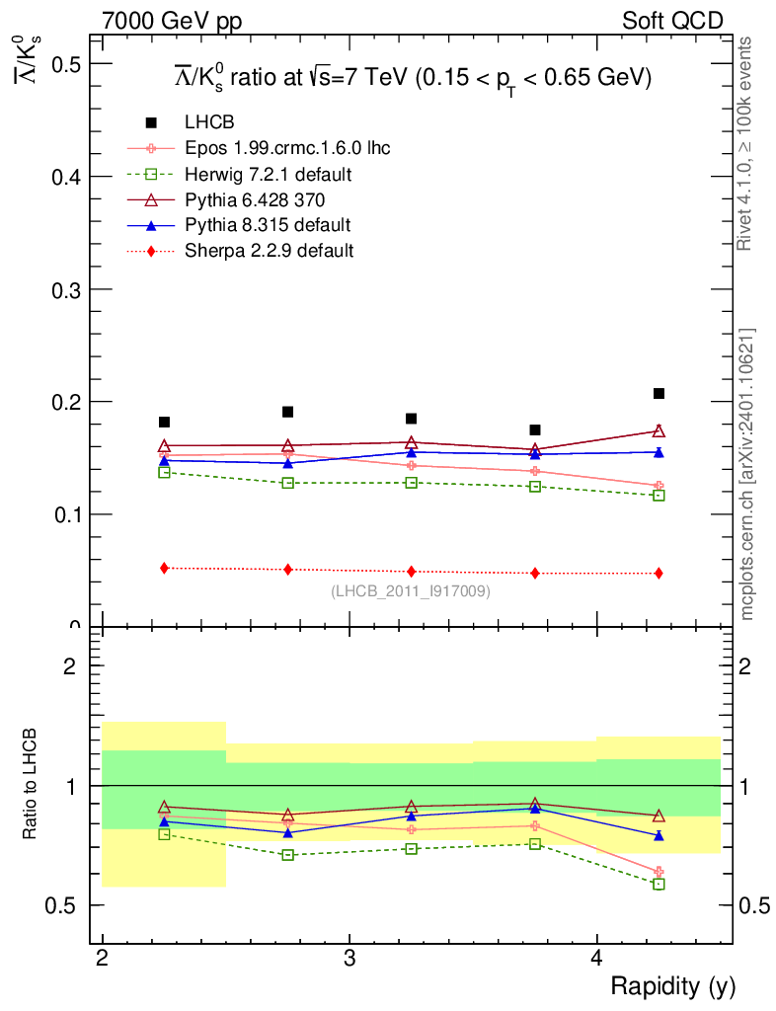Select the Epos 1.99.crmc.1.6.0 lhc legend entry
(x=287, y=148)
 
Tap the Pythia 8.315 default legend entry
(x=268, y=225)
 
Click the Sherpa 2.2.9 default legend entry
(x=269, y=251)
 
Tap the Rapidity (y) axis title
(x=672, y=986)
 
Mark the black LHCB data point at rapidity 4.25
(x=659, y=394)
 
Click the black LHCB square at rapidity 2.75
(x=287, y=412)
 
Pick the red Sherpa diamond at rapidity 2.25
(x=164, y=568)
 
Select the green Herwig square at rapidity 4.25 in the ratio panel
(x=659, y=884)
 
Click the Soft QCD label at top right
(x=671, y=21)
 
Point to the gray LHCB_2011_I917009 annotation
(x=410, y=591)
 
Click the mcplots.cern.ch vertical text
(x=747, y=474)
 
